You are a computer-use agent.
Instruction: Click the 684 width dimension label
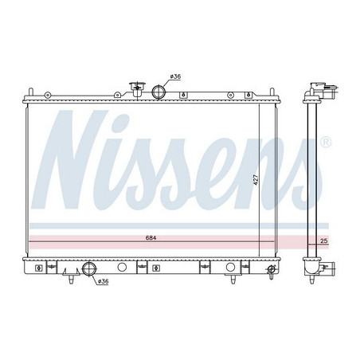pyautogui.click(x=151, y=238)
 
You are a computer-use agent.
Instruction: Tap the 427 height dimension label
pyautogui.click(x=256, y=180)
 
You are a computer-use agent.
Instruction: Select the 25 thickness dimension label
pyautogui.click(x=324, y=241)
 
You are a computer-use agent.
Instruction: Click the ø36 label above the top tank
pyautogui.click(x=175, y=76)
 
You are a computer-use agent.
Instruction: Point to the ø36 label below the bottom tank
pyautogui.click(x=103, y=281)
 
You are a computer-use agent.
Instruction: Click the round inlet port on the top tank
pyautogui.click(x=158, y=92)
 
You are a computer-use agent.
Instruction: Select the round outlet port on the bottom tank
pyautogui.click(x=89, y=268)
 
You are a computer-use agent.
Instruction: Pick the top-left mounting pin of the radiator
pyautogui.click(x=31, y=92)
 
